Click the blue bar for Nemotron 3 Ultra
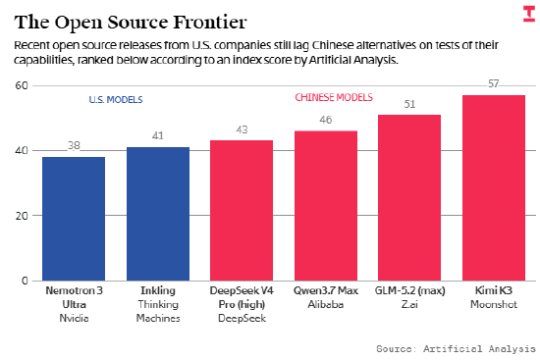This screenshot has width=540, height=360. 74,219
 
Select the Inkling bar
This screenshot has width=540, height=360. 158,214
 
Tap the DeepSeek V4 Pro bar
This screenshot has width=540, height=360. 242,211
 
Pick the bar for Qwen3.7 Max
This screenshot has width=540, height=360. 326,206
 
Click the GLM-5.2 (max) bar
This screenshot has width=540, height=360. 409,198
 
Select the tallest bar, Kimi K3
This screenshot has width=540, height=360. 494,188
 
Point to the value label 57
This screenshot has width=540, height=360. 494,83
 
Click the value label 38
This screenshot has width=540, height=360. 74,145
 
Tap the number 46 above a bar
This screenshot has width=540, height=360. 326,120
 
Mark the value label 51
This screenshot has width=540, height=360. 409,104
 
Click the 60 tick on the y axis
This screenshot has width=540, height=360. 22,85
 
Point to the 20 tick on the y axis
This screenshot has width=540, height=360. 22,216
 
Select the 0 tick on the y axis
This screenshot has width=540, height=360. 25,281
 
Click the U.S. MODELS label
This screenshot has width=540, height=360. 116,100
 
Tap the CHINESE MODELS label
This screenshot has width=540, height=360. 334,97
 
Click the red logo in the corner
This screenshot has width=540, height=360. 529,14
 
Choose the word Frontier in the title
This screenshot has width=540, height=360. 210,23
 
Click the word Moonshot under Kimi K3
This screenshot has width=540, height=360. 494,305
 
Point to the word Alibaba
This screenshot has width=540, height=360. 326,305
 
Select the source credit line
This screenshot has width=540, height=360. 456,348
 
